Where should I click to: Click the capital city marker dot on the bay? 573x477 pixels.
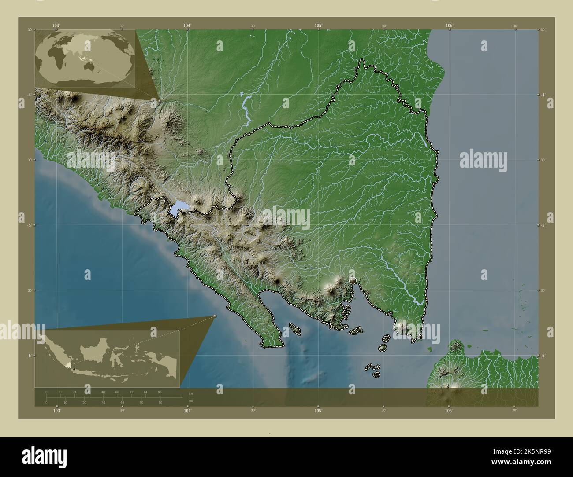pyautogui.click(x=353, y=279)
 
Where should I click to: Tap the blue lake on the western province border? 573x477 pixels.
pyautogui.click(x=179, y=207)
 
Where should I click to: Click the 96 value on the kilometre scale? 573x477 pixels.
pyautogui.click(x=159, y=392)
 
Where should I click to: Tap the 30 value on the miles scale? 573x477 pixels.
pyautogui.click(x=103, y=402)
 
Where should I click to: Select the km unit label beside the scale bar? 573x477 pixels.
pyautogui.click(x=191, y=394)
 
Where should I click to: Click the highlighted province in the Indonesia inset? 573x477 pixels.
pyautogui.click(x=67, y=365)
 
